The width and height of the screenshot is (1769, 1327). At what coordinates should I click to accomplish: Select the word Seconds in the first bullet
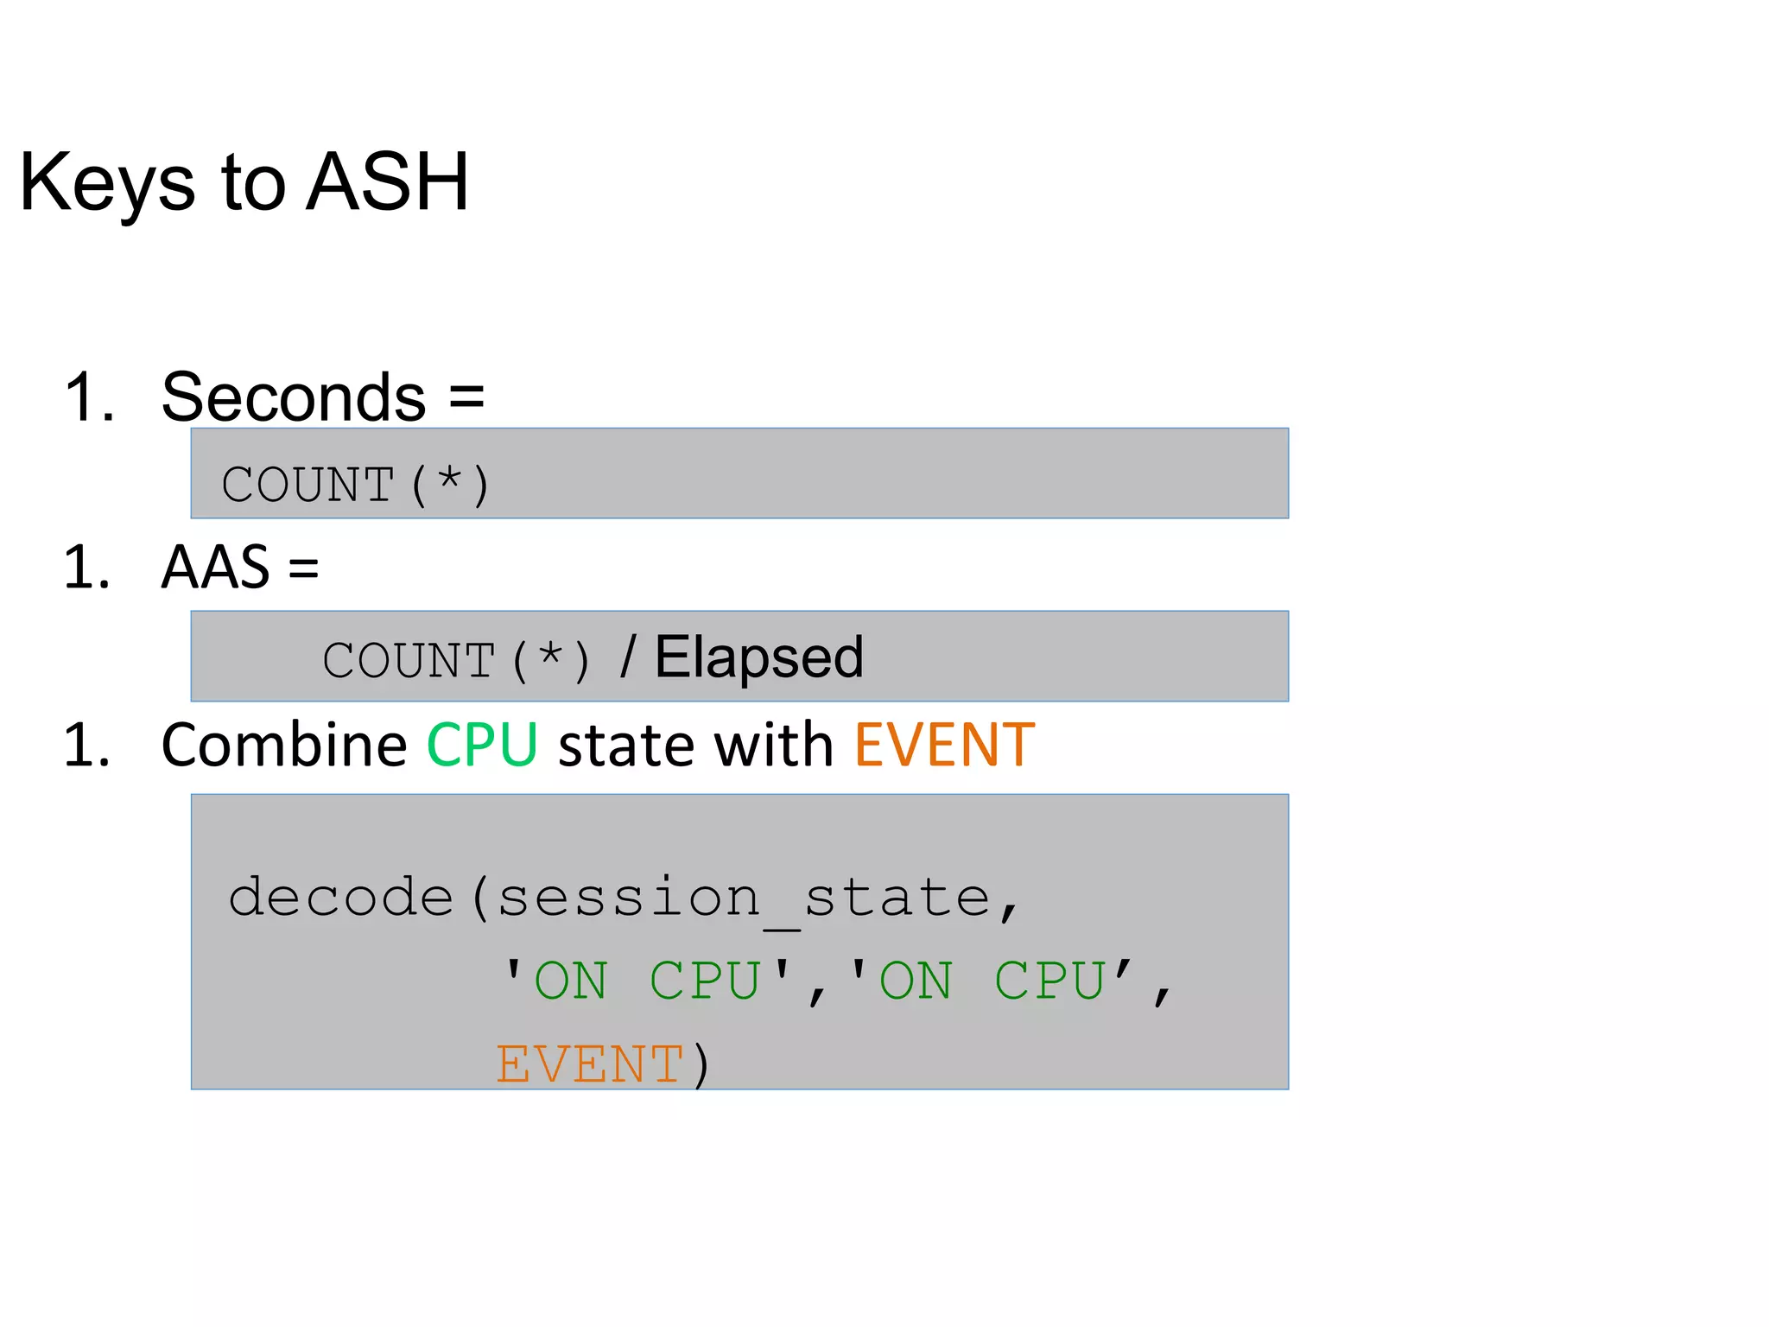click(294, 397)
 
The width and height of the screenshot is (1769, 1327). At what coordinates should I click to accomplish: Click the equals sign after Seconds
click(466, 397)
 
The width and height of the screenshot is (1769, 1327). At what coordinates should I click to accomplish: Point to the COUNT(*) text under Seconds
click(355, 485)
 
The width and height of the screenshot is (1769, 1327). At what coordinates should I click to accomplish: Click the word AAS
click(216, 568)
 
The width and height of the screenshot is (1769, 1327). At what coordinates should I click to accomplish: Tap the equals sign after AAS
click(303, 568)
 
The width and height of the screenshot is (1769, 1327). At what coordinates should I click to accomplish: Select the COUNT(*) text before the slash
click(456, 661)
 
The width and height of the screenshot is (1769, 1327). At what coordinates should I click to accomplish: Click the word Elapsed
click(758, 657)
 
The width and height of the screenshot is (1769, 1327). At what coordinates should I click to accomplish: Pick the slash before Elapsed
click(628, 658)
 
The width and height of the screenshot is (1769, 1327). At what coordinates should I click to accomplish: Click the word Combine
click(284, 745)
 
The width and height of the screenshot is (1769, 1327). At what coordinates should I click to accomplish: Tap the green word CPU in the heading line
click(482, 745)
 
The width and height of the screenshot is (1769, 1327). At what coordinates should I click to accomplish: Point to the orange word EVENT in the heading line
click(944, 745)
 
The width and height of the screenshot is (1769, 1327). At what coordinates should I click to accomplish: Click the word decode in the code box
click(341, 898)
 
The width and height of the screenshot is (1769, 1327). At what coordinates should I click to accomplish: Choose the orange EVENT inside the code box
click(591, 1064)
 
